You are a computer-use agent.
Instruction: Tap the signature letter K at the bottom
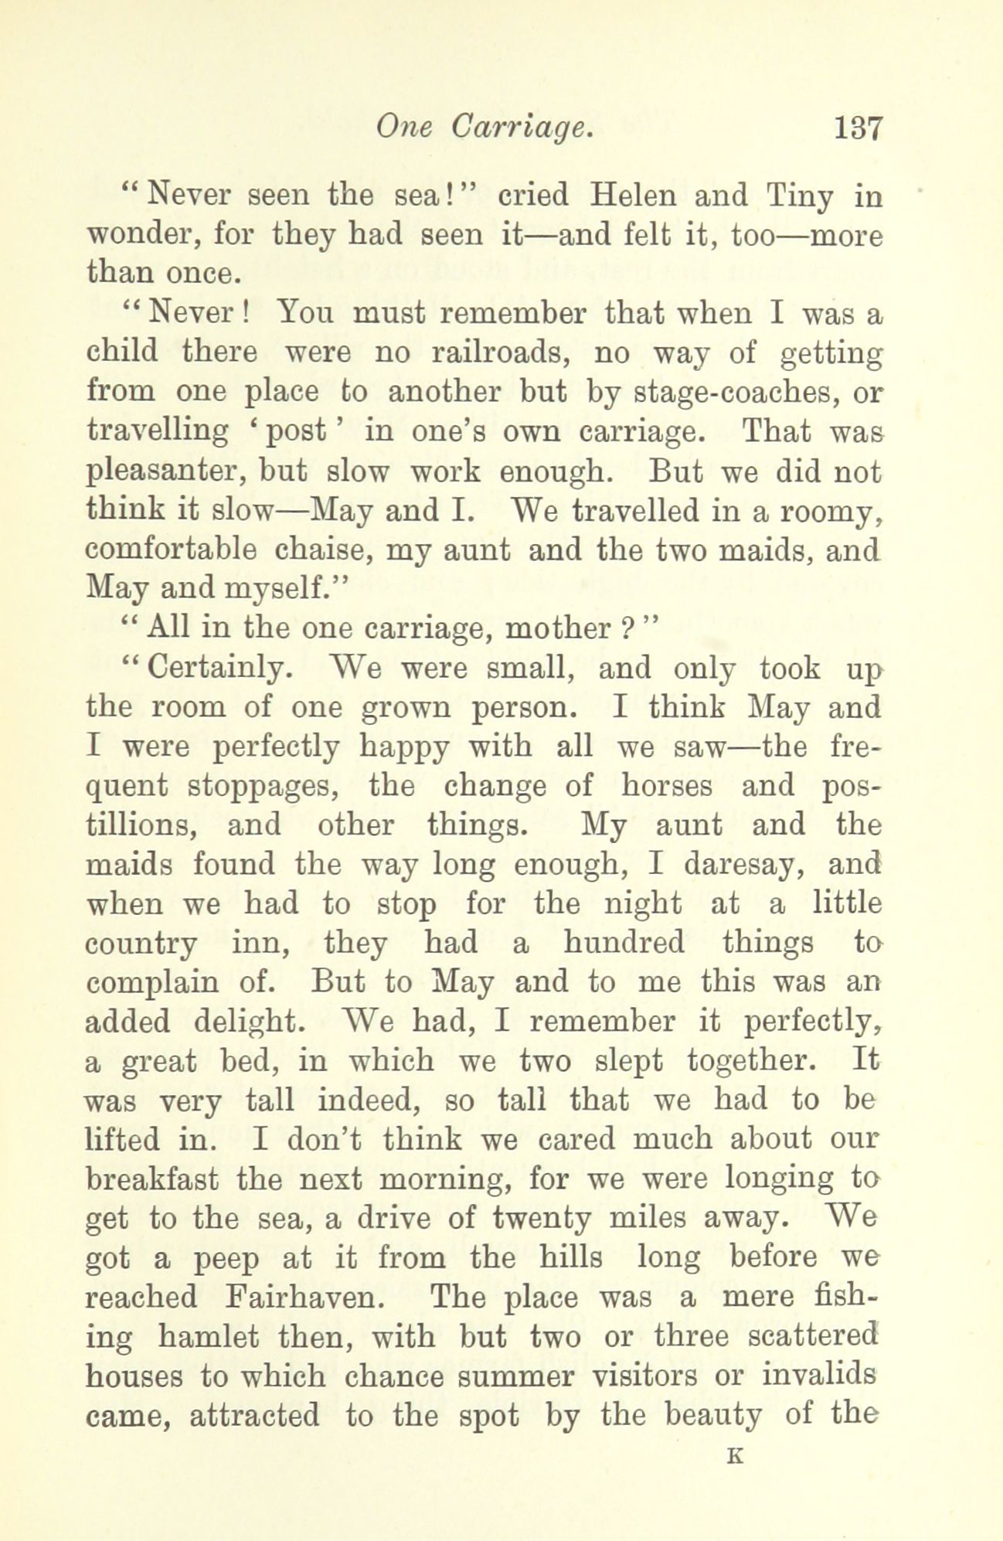[x=735, y=1456]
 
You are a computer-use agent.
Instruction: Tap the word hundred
[x=624, y=943]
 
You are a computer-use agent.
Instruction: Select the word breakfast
[x=151, y=1179]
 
